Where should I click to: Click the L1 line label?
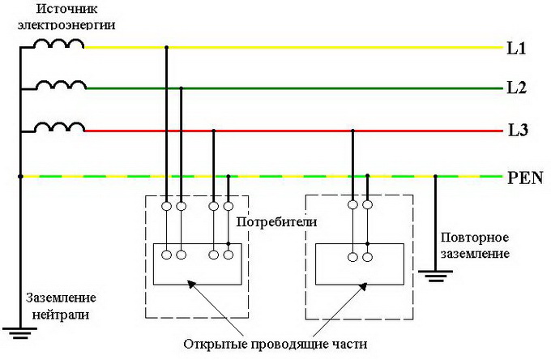coord(516,49)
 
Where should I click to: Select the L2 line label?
coord(516,88)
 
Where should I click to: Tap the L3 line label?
coord(517,130)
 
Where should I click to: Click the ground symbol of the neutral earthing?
coord(19,332)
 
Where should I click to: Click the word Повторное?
coord(475,238)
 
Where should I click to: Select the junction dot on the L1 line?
coord(166,49)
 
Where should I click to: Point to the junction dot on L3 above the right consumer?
coord(352,130)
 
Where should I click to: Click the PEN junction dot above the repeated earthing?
coord(436,176)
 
